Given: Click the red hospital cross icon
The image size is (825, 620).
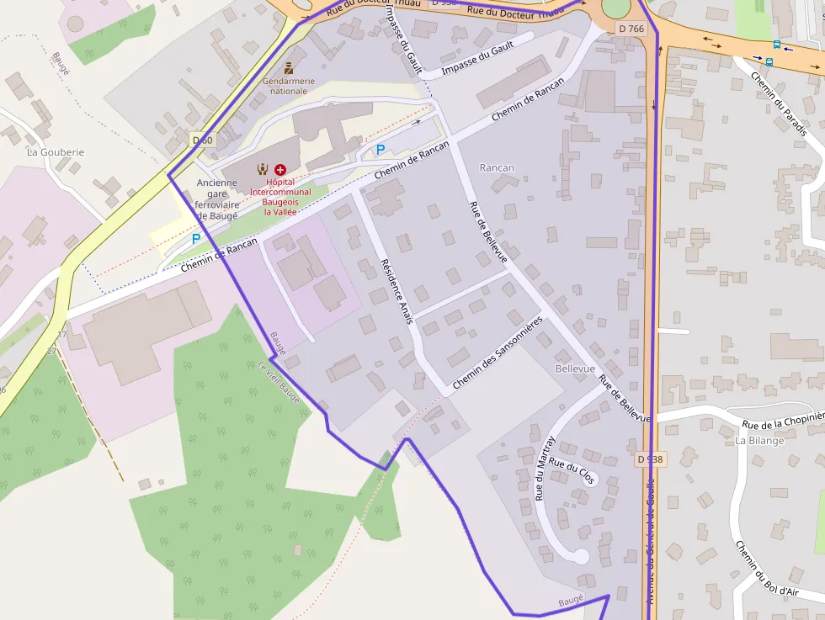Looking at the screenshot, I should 280,169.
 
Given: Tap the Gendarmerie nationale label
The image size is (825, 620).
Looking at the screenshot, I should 289,86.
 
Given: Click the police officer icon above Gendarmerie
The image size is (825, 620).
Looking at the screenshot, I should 289,67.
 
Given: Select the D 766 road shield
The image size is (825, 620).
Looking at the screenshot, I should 631,29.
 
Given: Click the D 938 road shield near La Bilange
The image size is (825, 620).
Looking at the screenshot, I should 650,459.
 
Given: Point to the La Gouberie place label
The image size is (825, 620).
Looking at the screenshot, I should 56,152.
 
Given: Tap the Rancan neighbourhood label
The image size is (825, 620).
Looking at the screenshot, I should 496,167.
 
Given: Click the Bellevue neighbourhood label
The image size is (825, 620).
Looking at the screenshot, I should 575,368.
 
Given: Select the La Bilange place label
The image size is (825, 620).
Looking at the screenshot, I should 759,440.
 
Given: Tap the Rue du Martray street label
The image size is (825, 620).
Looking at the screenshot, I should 546,468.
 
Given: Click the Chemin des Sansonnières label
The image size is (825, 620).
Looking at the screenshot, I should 498,354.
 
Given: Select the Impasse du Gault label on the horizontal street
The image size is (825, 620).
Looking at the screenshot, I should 477,59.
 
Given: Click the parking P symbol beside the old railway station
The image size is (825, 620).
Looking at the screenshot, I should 196,239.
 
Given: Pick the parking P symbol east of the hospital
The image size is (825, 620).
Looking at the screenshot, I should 381,150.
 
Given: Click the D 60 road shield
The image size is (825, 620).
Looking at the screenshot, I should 202,140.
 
